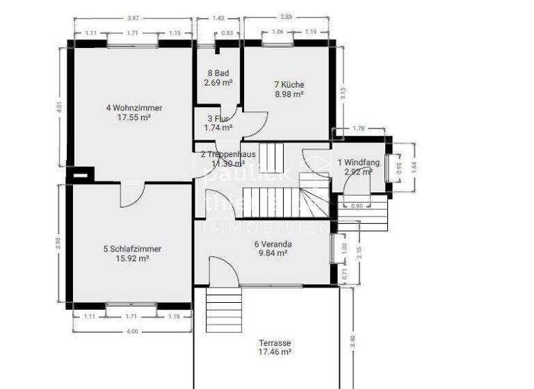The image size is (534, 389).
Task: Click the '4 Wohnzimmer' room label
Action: pyautogui.click(x=134, y=108)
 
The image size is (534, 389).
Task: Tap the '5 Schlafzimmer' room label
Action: pyautogui.click(x=132, y=249)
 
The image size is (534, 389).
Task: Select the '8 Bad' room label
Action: pyautogui.click(x=218, y=73)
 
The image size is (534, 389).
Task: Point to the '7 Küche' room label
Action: pyautogui.click(x=289, y=85)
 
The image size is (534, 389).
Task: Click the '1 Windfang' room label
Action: pyautogui.click(x=358, y=162)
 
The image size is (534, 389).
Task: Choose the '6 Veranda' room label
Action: pyautogui.click(x=273, y=244)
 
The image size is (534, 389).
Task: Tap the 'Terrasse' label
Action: pyautogui.click(x=275, y=343)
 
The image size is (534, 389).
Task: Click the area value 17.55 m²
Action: pyautogui.click(x=134, y=117)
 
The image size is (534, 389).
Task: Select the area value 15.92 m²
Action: pyautogui.click(x=132, y=258)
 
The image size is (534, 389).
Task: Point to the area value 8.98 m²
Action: pyautogui.click(x=289, y=94)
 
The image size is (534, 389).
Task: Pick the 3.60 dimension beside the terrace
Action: pyautogui.click(x=353, y=342)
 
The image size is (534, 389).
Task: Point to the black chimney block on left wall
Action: pyautogui.click(x=81, y=175)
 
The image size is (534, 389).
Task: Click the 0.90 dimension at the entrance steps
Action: pyautogui.click(x=357, y=206)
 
